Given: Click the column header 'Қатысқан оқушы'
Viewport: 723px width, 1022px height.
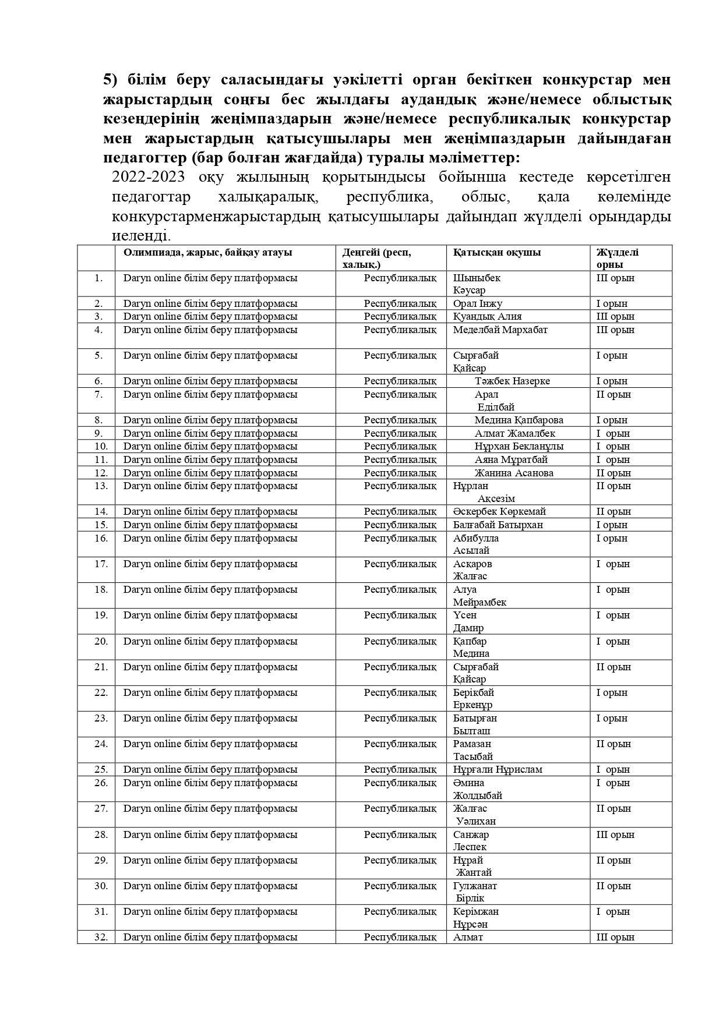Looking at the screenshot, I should tap(496, 252).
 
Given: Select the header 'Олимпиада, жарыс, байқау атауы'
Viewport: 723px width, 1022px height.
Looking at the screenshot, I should tap(207, 252).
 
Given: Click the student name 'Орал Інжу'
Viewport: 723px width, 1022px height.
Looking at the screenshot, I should tap(477, 303).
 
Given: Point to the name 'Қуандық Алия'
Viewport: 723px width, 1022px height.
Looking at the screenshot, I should tap(487, 316).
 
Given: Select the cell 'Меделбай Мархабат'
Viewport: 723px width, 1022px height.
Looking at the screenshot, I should tap(500, 330).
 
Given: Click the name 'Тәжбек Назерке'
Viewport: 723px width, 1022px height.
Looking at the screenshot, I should tap(512, 381).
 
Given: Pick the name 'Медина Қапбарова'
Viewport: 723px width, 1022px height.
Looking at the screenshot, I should tap(519, 420).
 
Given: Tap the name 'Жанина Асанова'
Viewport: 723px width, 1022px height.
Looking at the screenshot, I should tap(513, 473).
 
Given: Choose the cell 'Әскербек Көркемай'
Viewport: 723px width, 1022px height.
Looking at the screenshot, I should tap(499, 511).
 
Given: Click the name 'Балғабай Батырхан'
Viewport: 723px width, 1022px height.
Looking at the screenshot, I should tap(498, 525).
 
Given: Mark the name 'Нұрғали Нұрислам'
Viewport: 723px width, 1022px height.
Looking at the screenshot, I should tap(498, 769).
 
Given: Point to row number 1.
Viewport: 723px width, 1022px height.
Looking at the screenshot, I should tap(98, 278).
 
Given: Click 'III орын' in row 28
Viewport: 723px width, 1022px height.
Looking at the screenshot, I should tap(615, 834).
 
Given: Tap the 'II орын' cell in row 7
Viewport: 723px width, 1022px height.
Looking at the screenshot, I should tap(613, 394).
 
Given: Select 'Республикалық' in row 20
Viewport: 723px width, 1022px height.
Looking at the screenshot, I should tap(400, 641).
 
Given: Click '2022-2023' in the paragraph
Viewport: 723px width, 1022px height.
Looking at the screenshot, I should tap(148, 177).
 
